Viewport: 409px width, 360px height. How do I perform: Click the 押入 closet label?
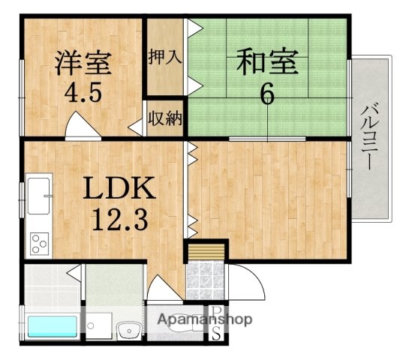(164, 57)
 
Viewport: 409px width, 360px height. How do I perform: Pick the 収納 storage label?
(164, 118)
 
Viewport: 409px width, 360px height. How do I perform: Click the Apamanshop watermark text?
(203, 319)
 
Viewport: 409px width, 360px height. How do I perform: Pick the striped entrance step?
(206, 250)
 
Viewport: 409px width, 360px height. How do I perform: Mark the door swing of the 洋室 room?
(83, 126)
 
